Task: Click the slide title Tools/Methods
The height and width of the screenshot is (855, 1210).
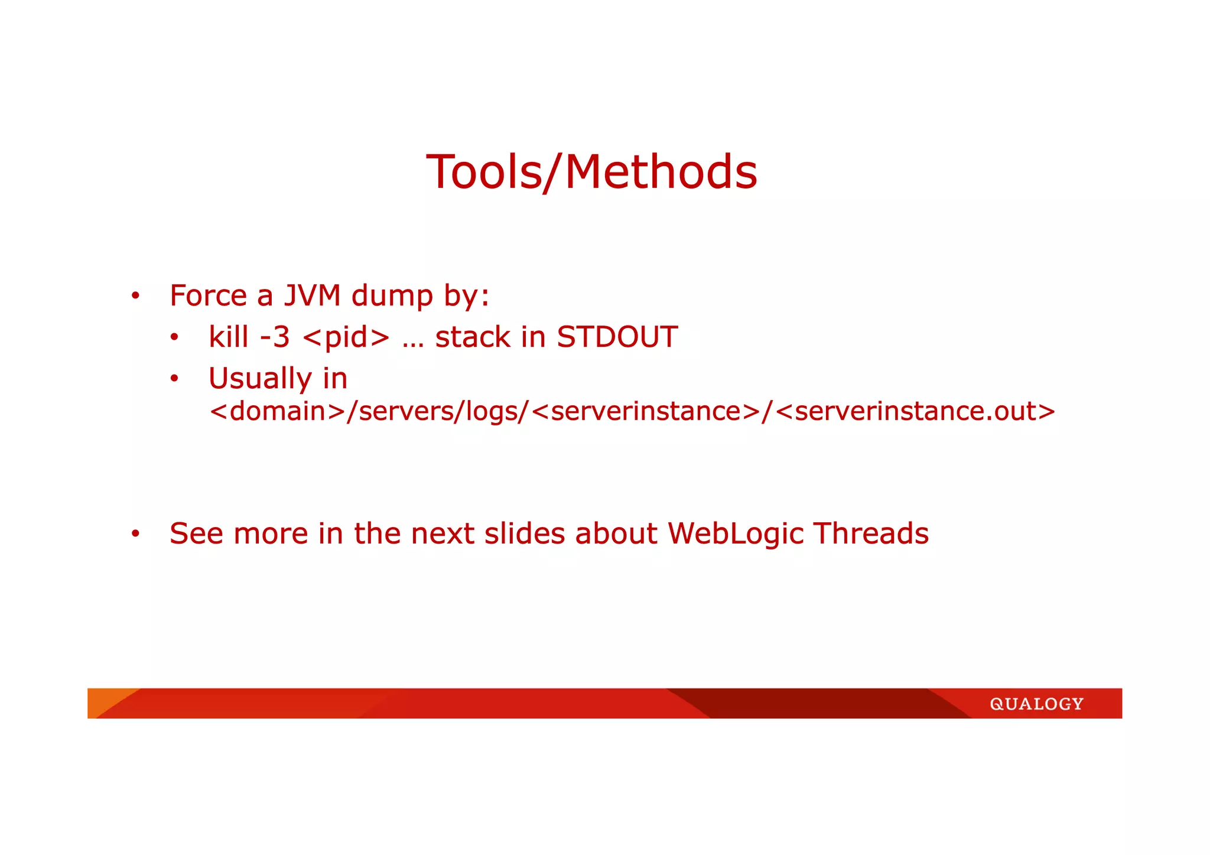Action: [591, 172]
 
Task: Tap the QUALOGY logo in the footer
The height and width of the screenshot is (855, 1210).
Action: [1036, 704]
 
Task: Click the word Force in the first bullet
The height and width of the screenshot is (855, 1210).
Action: [208, 295]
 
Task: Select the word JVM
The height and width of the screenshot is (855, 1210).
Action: [312, 295]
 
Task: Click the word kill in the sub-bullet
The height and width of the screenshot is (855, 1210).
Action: [228, 337]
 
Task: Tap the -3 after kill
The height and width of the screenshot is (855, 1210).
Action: [275, 337]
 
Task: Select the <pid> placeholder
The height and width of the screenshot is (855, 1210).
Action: [346, 338]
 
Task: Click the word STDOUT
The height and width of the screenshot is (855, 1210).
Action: [617, 337]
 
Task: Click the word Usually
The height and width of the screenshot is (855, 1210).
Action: [260, 379]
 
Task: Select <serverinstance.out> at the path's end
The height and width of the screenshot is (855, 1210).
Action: [915, 411]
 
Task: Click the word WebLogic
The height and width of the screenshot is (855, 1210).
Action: [736, 534]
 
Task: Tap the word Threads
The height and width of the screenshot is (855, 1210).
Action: [871, 533]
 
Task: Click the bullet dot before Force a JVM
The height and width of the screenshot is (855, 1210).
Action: [135, 296]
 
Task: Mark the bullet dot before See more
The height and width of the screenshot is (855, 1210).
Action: [135, 534]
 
